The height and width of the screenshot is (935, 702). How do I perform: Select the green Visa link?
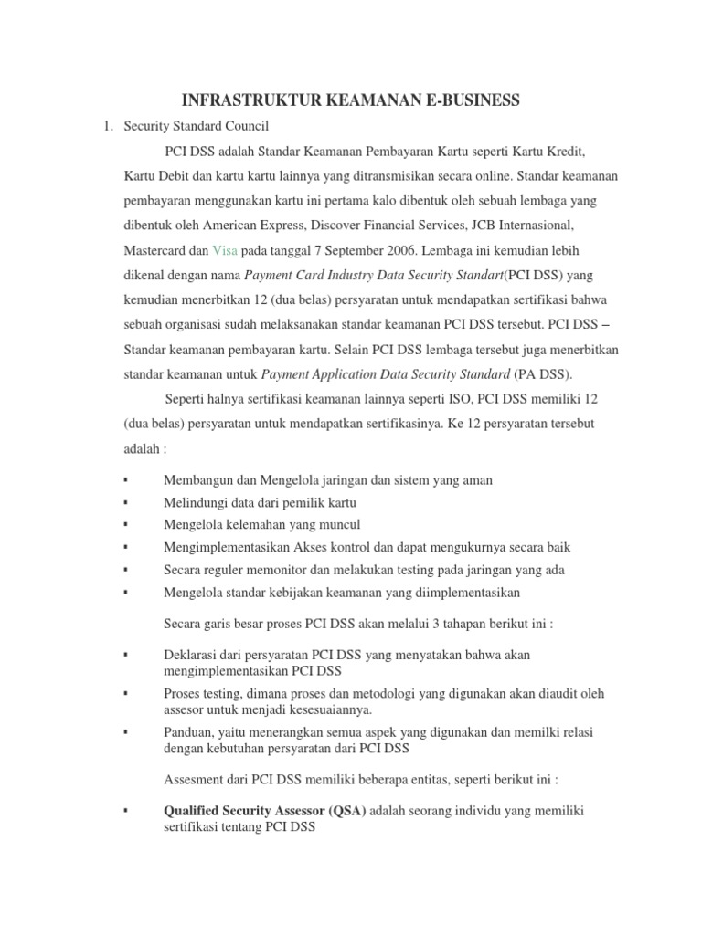point(225,248)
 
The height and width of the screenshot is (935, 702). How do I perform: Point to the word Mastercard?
point(156,248)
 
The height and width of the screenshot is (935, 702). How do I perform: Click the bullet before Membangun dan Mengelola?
point(125,480)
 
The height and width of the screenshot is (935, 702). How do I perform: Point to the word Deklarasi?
point(191,655)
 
